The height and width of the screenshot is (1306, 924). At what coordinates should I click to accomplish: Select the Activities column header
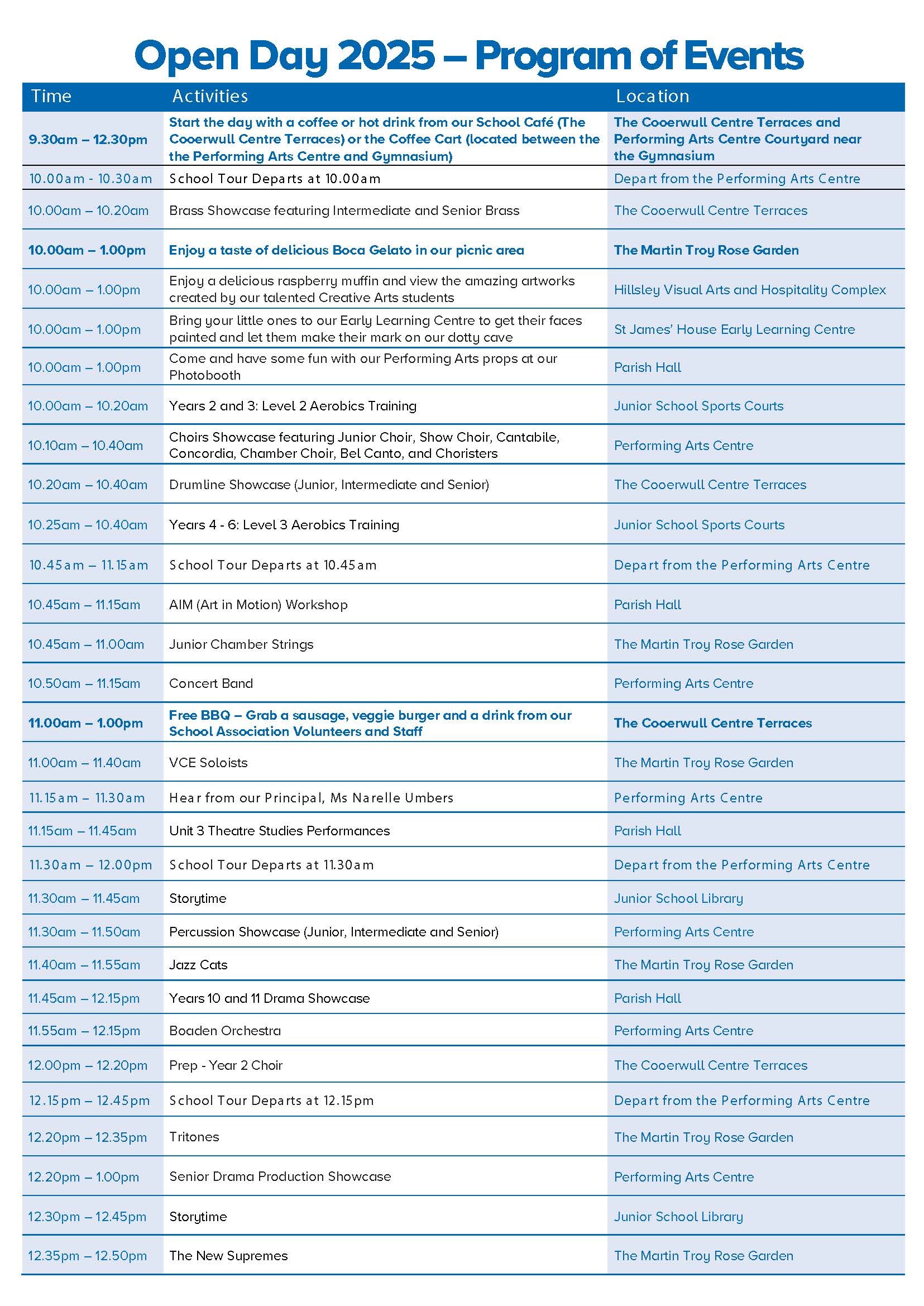click(x=210, y=96)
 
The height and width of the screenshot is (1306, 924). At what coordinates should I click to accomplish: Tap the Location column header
click(x=652, y=96)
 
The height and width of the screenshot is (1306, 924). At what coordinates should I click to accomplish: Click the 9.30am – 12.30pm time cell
click(x=88, y=140)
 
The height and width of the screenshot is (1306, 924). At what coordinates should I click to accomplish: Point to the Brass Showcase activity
click(x=344, y=211)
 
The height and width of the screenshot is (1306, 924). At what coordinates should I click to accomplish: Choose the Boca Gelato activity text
click(x=346, y=250)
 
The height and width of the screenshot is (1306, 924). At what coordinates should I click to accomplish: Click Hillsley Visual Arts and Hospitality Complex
click(x=749, y=290)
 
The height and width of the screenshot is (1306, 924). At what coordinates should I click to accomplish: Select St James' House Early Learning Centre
click(x=734, y=329)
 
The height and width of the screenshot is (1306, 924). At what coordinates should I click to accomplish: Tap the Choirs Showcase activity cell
click(x=364, y=445)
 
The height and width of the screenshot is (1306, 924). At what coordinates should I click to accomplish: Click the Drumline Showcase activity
click(x=329, y=485)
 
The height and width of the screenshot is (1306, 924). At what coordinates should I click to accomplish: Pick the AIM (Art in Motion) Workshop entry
click(x=258, y=604)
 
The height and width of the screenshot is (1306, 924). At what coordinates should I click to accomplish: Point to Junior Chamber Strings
click(x=241, y=644)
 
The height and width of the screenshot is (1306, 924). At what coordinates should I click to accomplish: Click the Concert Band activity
click(x=210, y=683)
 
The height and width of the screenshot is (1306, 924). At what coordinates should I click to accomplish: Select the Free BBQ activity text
click(x=370, y=723)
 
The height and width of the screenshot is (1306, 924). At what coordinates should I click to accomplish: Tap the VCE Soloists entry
click(x=208, y=763)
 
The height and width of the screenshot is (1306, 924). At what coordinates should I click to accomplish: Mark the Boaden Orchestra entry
click(x=225, y=1031)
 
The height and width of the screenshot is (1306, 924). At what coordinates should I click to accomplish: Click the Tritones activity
click(x=194, y=1137)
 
